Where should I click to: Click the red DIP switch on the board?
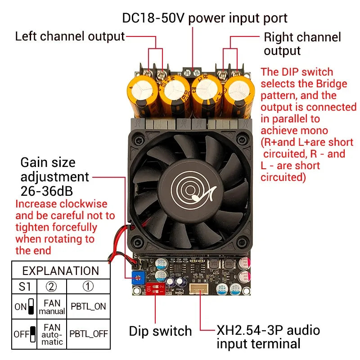pos(155,288)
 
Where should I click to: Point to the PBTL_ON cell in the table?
pos(88,306)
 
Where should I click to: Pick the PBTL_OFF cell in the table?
pos(89,333)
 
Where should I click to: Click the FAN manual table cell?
pos(52,307)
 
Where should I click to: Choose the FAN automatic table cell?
pos(52,334)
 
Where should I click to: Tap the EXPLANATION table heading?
pos(61,271)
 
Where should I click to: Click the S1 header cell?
pos(25,287)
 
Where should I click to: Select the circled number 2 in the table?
pos(51,287)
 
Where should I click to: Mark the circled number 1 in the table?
pos(88,286)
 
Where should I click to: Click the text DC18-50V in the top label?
pos(153,18)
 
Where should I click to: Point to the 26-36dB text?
pos(47,191)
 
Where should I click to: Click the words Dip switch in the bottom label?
pos(160,331)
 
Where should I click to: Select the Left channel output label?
pos(70,36)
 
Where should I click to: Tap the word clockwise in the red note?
pos(83,204)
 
